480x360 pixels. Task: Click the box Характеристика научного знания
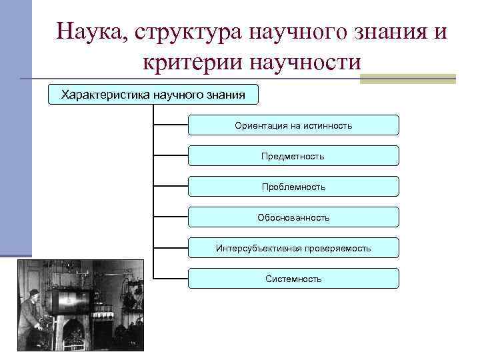[x=153, y=95]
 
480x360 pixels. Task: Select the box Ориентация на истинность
[x=293, y=125]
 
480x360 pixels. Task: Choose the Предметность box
[x=293, y=156]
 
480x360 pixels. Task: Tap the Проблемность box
[x=293, y=187]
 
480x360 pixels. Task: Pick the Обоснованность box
[x=293, y=217]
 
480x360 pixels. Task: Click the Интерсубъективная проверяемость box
[x=293, y=248]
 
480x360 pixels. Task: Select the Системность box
[x=293, y=279]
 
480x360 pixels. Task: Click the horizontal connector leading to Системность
[x=171, y=278]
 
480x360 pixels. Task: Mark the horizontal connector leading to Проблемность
[x=171, y=186]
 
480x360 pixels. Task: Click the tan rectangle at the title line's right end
[x=407, y=79]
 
